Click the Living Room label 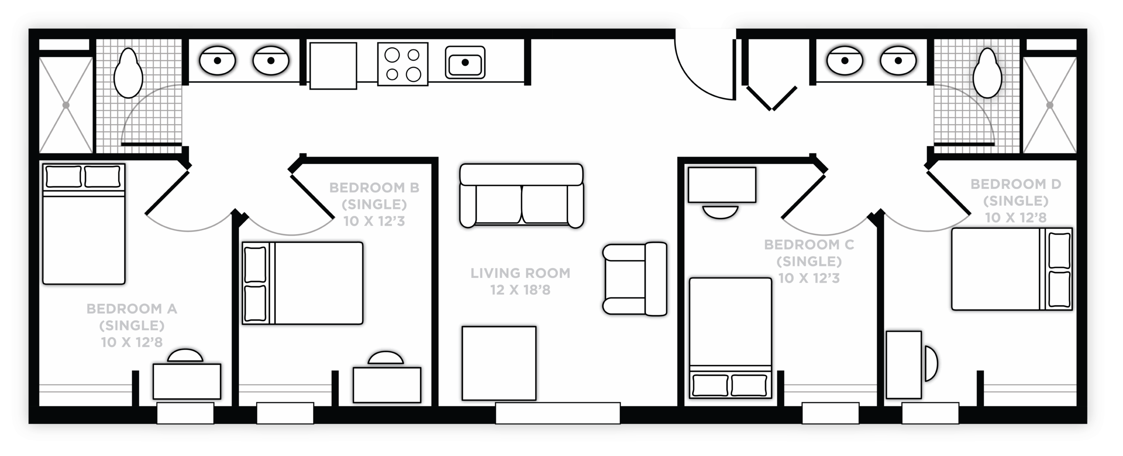[x=520, y=281]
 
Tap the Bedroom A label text [x=132, y=325]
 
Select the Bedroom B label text [x=374, y=204]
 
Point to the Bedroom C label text [x=809, y=261]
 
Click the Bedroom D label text [x=1016, y=201]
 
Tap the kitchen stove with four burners [x=403, y=64]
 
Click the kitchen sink [x=465, y=62]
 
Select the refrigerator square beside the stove [x=333, y=66]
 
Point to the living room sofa [x=522, y=196]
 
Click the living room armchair [x=635, y=279]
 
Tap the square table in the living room [x=499, y=363]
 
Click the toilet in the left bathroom [x=129, y=73]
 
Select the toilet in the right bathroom [x=987, y=73]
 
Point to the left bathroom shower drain [x=66, y=105]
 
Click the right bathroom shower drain [x=1050, y=105]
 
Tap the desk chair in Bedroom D [x=931, y=363]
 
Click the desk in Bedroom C [x=722, y=185]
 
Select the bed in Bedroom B [x=303, y=283]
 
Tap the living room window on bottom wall [x=558, y=413]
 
